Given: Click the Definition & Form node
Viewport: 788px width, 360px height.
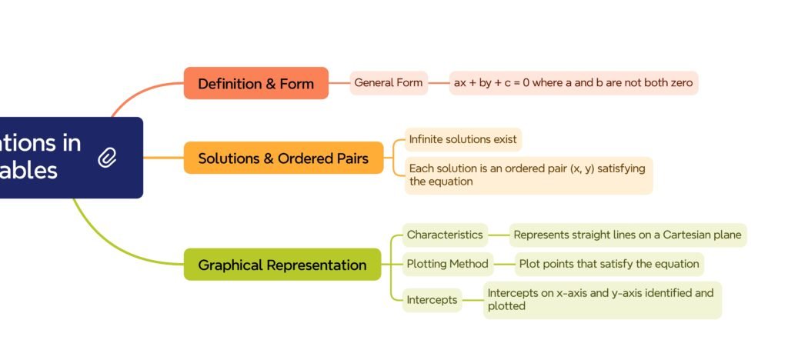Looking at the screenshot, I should [255, 83].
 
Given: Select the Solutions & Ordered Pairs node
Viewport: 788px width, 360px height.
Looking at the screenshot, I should [283, 158].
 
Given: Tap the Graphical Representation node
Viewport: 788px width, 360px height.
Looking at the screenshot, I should [282, 265].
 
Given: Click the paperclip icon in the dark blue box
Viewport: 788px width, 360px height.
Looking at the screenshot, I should [108, 158].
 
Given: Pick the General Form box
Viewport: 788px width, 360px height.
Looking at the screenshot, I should [389, 82].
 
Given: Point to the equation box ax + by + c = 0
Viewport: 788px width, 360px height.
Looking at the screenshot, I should [573, 82].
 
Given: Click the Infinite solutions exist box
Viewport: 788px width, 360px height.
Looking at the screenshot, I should [463, 139].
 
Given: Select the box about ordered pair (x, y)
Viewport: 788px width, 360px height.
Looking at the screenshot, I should [528, 175].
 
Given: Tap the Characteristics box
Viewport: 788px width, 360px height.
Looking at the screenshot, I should [445, 235].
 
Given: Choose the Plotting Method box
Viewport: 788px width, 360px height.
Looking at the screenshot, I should [447, 264].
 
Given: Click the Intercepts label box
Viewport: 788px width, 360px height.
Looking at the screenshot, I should [432, 299].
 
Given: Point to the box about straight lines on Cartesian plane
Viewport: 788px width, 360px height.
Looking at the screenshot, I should [627, 235].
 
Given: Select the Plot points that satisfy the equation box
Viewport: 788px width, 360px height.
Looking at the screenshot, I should [609, 264].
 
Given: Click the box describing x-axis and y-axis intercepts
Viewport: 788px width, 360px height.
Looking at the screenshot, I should [602, 299].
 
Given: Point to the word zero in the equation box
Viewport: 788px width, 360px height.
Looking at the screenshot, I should [678, 82].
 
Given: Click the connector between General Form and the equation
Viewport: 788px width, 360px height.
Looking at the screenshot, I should [439, 82].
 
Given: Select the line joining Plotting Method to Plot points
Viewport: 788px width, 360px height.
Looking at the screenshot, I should [504, 264].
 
